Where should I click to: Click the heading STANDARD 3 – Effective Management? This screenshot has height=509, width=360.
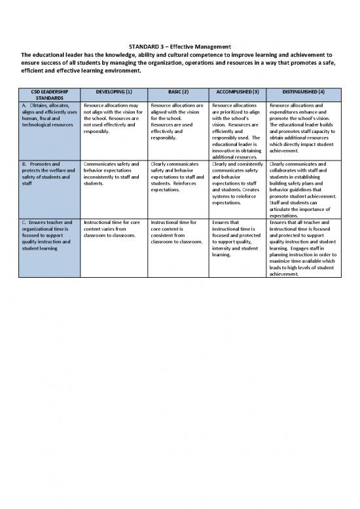(x=179, y=47)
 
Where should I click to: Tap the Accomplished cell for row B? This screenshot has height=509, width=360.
(x=236, y=183)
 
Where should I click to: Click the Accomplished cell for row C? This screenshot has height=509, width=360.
(x=236, y=238)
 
